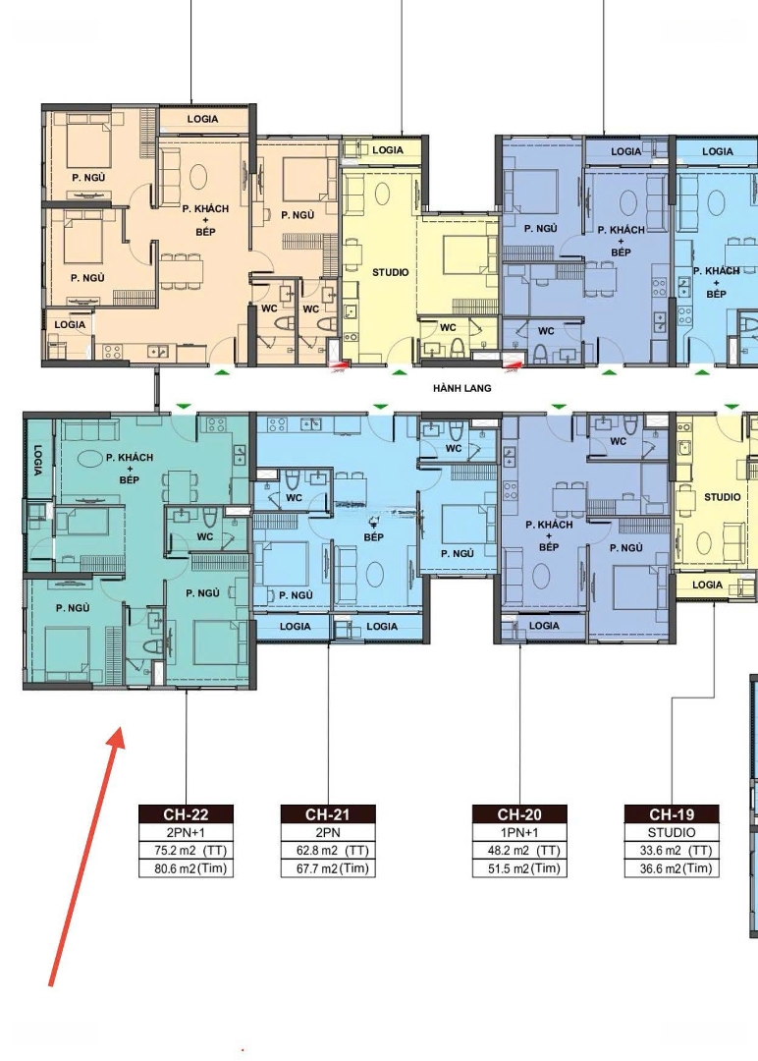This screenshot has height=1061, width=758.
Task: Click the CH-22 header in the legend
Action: click(x=186, y=814)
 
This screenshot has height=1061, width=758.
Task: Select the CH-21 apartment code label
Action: click(x=328, y=814)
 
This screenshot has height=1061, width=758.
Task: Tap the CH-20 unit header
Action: click(x=519, y=814)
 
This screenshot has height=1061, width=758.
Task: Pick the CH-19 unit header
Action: click(x=672, y=814)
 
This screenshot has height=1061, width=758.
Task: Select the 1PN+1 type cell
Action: click(x=519, y=832)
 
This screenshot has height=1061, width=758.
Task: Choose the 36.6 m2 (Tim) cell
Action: click(x=676, y=868)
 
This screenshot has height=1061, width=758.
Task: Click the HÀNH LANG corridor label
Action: click(x=461, y=388)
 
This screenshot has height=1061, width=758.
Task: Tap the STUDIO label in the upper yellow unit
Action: click(x=390, y=272)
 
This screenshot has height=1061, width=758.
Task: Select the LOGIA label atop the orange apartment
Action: click(x=202, y=119)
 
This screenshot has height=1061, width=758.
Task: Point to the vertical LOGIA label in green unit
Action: click(x=36, y=460)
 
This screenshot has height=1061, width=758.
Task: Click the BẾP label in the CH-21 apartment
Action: click(x=373, y=537)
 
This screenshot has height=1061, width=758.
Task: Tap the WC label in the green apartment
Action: click(x=205, y=536)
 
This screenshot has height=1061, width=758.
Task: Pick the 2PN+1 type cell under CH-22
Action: click(x=186, y=832)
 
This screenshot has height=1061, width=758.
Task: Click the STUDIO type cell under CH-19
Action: click(x=672, y=832)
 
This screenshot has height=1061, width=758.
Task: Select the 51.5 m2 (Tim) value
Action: click(x=523, y=868)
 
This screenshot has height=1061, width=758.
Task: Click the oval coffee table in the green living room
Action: click(x=89, y=459)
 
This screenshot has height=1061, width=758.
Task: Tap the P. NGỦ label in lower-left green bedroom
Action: click(x=73, y=608)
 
